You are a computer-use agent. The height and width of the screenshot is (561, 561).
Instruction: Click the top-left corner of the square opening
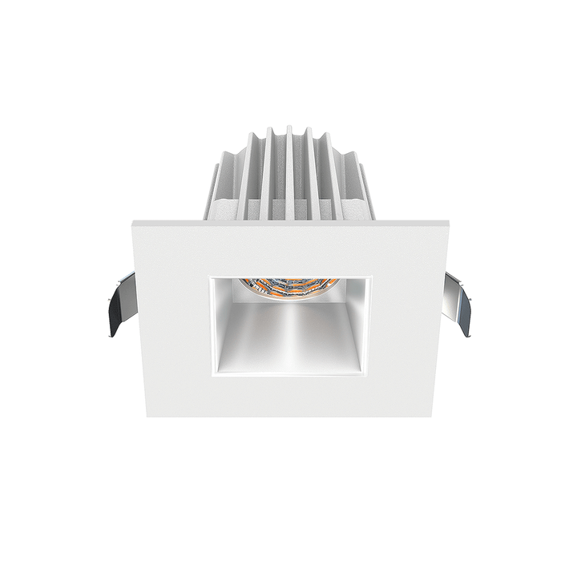(211, 278)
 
